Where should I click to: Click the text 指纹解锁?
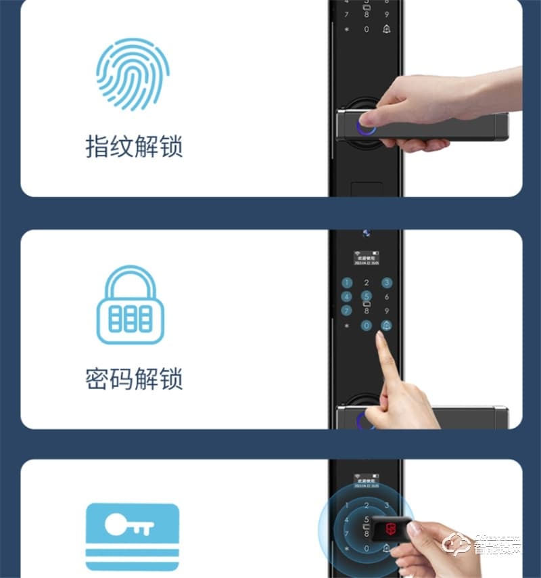coord(134,147)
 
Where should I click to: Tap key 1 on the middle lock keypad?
coord(347,283)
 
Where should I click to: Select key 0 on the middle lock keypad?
coord(367,326)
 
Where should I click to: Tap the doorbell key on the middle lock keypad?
coord(387,326)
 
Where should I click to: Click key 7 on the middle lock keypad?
coord(347,311)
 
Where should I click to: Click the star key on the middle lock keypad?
coord(347,326)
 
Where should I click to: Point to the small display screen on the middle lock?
coord(367,258)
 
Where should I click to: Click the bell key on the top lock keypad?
coord(387,29)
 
